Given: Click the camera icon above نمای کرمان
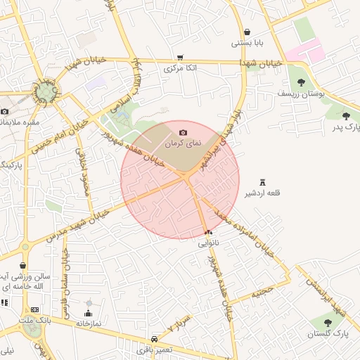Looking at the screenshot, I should (184, 133).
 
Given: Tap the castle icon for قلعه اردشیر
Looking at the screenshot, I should (263, 182).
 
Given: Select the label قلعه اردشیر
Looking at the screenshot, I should (263, 193).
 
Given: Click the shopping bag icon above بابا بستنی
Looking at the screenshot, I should (247, 32).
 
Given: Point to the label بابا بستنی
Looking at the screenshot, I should (247, 44).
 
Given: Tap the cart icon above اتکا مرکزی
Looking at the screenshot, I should (181, 58).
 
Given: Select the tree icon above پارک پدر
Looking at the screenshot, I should (345, 116).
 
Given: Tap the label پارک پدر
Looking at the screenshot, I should (345, 127).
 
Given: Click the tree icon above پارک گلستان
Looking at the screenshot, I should (328, 323).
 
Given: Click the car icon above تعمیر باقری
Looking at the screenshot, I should (155, 339).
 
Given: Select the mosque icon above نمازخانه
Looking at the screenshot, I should (89, 314).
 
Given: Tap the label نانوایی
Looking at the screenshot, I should (208, 243).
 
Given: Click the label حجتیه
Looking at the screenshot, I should (262, 289).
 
